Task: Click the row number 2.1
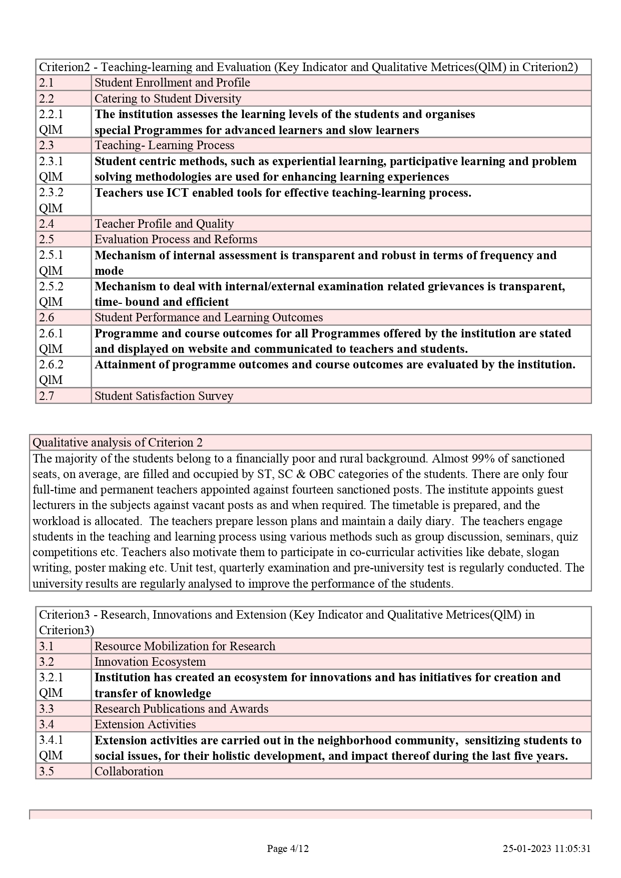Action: (47, 83)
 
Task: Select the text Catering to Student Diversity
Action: (168, 99)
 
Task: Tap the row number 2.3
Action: (47, 146)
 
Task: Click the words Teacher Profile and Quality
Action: (164, 224)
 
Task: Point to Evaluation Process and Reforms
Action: (176, 239)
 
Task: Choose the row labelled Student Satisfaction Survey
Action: (164, 396)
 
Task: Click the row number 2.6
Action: (47, 318)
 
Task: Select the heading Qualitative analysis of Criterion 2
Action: (118, 443)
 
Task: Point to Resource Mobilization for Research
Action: (185, 646)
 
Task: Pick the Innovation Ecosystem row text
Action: (150, 662)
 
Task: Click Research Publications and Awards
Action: (181, 709)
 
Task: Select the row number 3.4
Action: (47, 724)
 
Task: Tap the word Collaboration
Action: (129, 771)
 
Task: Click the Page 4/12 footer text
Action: (288, 848)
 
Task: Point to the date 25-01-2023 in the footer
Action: (527, 848)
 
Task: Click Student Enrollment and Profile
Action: (172, 83)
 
